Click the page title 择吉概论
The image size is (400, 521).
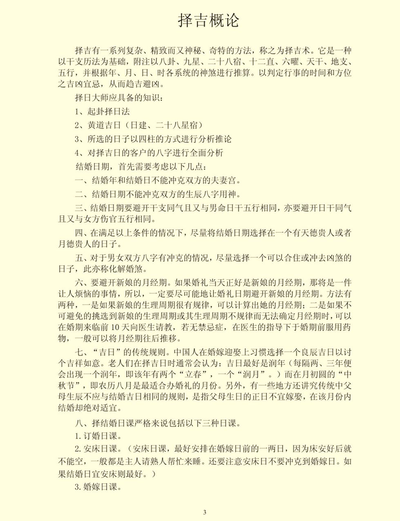(208, 20)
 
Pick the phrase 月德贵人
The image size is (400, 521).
(75, 244)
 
